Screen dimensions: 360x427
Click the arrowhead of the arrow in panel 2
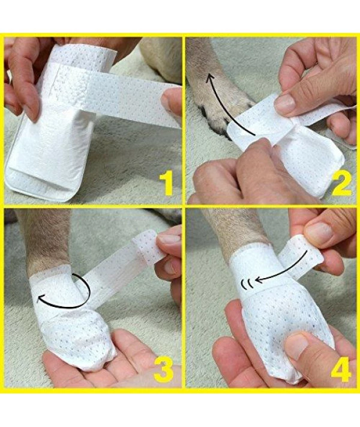click(209, 79)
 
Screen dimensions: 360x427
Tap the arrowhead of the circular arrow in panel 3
click(41, 300)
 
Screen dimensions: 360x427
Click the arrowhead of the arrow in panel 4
click(259, 279)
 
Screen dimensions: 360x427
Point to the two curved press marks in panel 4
click(246, 284)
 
